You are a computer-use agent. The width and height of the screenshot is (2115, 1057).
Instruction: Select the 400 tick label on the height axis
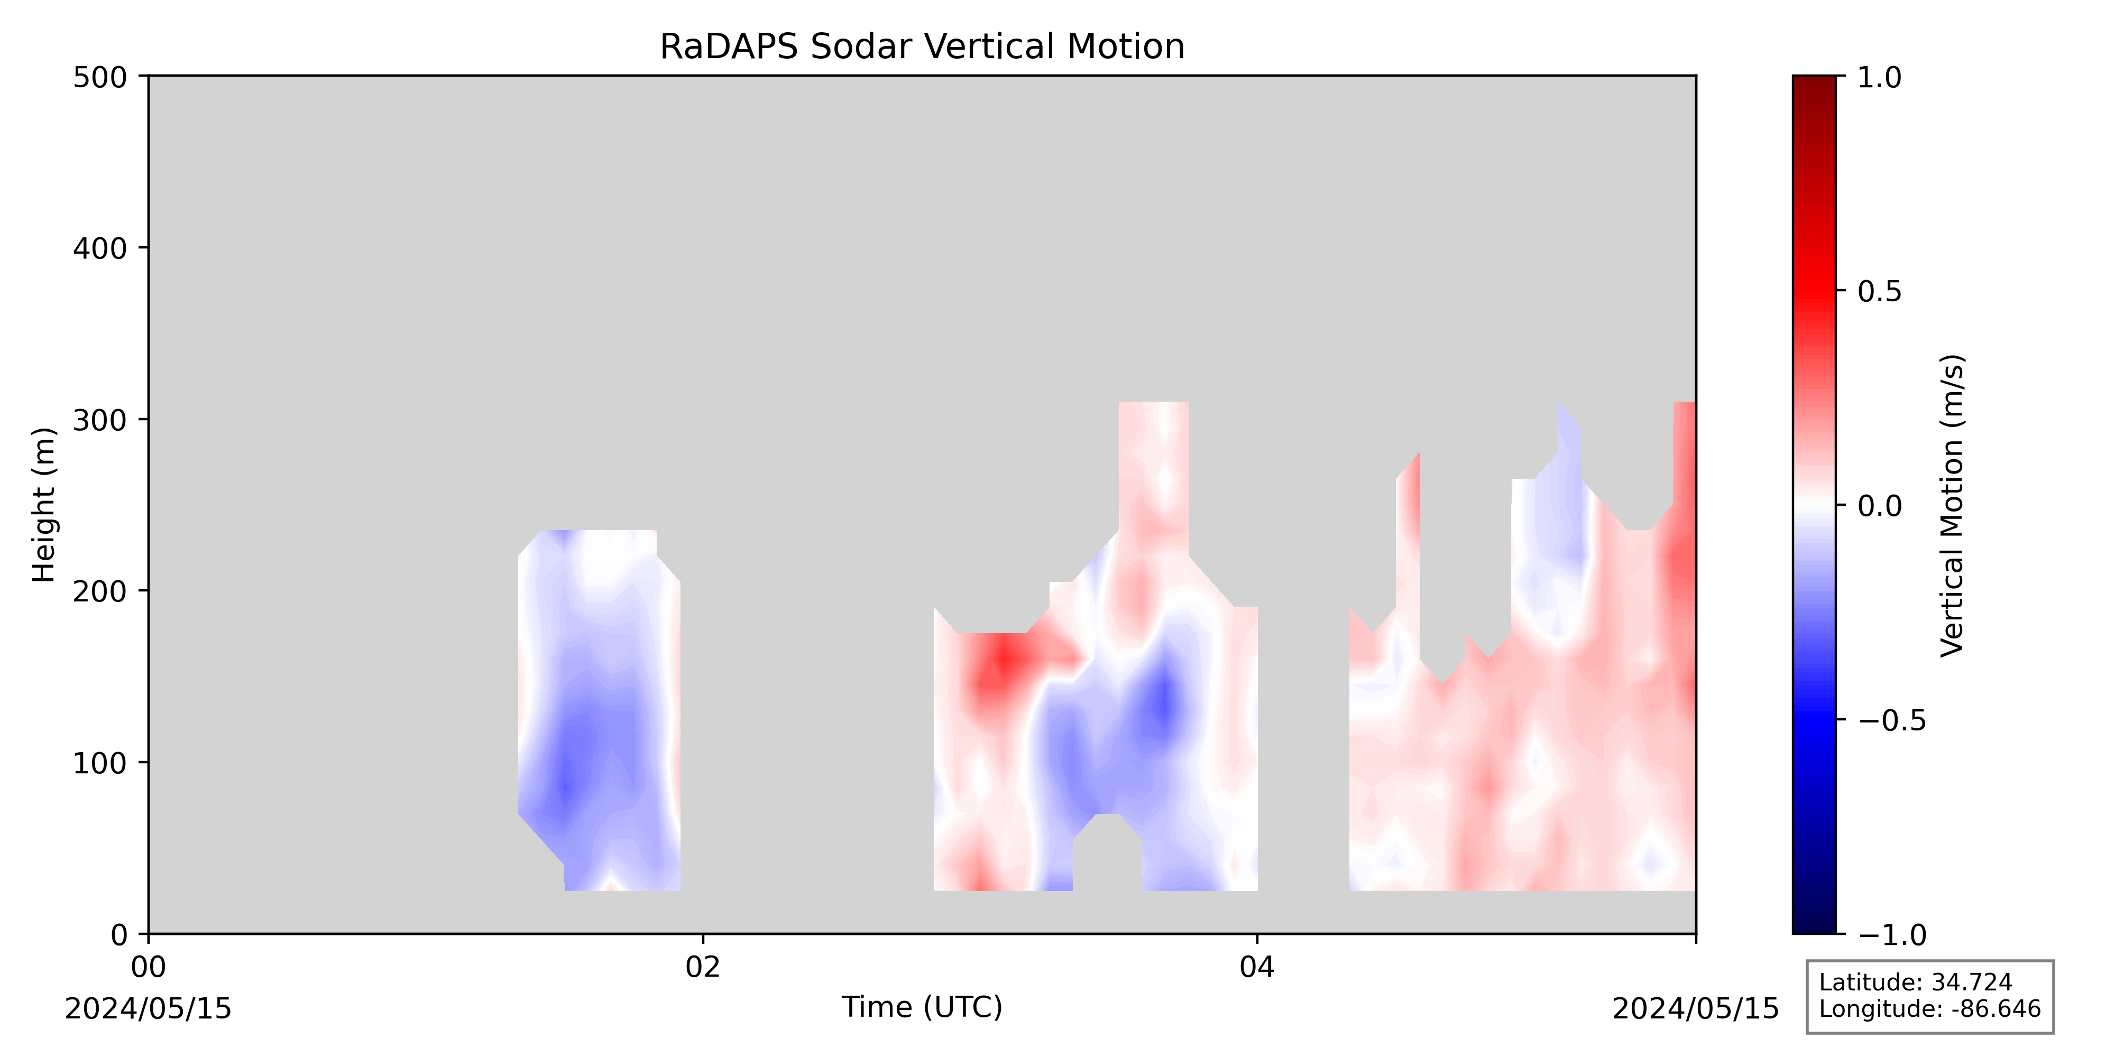(100, 248)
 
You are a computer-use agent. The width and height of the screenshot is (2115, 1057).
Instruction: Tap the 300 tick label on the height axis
(100, 419)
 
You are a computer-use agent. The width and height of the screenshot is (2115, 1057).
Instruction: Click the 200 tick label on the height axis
(100, 591)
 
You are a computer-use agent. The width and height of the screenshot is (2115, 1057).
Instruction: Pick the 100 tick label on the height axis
(100, 763)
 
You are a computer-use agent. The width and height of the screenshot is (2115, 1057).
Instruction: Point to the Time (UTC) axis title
(922, 1007)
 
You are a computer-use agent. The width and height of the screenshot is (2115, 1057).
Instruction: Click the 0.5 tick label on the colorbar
(1879, 291)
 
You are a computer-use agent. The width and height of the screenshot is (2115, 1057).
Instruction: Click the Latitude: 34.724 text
(1916, 982)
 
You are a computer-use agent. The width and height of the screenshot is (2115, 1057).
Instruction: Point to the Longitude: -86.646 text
(1929, 1008)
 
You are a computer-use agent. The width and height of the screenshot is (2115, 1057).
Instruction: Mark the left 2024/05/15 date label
(149, 1008)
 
